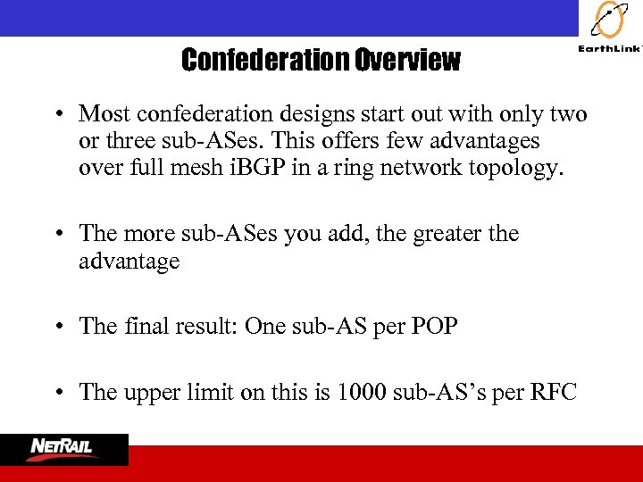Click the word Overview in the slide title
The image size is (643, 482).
(407, 61)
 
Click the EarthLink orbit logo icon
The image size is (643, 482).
(609, 21)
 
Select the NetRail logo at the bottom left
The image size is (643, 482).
(64, 449)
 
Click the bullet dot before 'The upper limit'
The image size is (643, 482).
(56, 392)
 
